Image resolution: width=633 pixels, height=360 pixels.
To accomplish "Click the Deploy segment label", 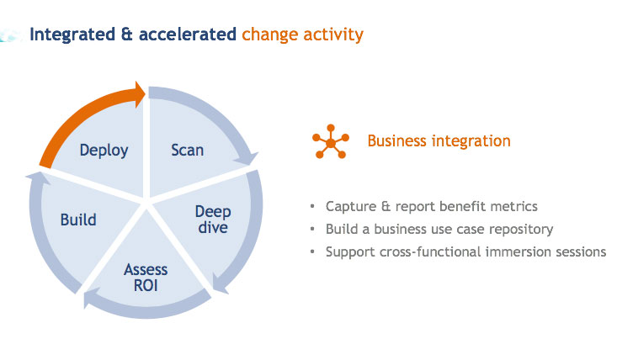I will click(104, 151).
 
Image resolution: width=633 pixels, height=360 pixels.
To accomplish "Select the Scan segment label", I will click(187, 151).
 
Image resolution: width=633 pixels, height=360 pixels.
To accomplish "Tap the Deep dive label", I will click(213, 219).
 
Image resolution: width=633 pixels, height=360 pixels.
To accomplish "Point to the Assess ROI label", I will click(146, 277).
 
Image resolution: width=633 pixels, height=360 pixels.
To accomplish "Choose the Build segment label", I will click(78, 220).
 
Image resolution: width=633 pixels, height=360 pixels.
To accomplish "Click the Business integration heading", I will click(439, 141).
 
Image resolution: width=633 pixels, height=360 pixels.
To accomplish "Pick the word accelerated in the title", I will click(186, 34).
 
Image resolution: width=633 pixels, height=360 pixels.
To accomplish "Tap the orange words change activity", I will click(302, 34).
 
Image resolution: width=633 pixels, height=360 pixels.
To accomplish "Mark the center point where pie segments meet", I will click(147, 202).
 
